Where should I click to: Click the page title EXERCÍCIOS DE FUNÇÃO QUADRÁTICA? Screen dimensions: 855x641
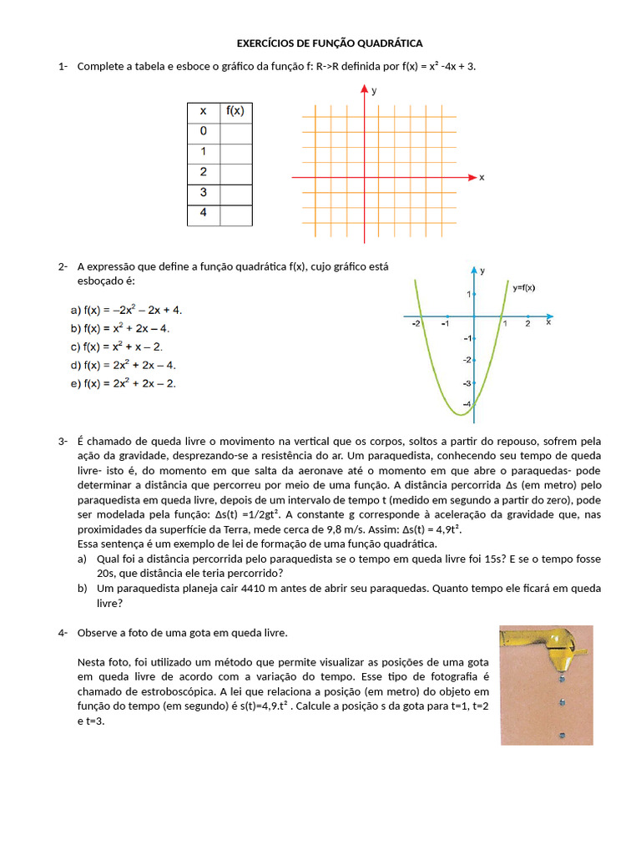click(330, 43)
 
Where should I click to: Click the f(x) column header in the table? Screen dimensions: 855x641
click(235, 111)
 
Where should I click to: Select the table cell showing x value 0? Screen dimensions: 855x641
click(203, 132)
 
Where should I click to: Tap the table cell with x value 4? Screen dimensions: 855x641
click(203, 214)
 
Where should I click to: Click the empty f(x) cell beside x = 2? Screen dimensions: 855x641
click(235, 173)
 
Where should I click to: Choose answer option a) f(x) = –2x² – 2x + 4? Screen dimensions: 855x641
click(126, 310)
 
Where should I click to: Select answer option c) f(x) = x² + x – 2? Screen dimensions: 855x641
click(117, 347)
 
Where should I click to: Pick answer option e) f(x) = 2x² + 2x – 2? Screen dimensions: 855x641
click(124, 383)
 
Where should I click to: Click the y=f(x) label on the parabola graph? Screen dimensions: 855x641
click(523, 288)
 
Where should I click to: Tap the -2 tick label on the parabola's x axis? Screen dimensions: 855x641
click(416, 324)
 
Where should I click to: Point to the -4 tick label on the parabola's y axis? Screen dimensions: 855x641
click(466, 404)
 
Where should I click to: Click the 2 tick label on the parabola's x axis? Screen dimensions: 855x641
click(527, 324)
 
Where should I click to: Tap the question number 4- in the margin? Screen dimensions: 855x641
click(63, 633)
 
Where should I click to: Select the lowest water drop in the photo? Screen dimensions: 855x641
click(562, 736)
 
